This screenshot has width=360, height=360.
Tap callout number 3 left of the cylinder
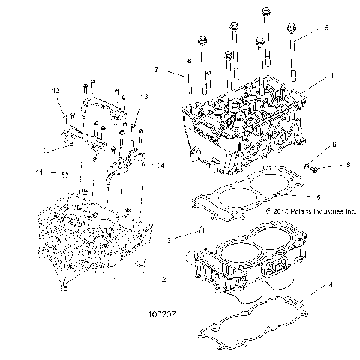point(169,239)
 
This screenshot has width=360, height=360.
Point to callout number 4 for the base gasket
point(331,285)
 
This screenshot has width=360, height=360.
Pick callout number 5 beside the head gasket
point(319,197)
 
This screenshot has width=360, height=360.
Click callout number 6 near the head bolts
point(325,28)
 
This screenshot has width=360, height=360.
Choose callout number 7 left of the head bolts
point(156,70)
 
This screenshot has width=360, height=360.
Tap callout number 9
point(327,165)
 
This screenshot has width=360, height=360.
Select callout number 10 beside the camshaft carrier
point(46,150)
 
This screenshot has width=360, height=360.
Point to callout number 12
point(55,91)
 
